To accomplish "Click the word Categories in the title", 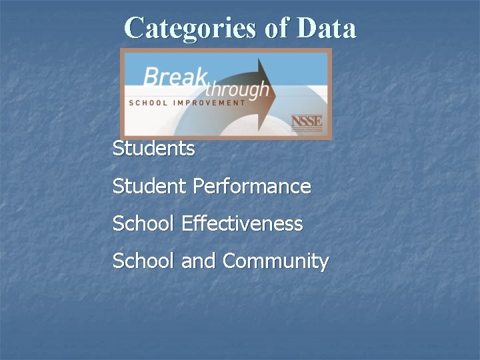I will pyautogui.click(x=184, y=28).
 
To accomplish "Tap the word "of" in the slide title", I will pyautogui.click(x=269, y=28).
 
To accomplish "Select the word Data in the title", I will pyautogui.click(x=326, y=28).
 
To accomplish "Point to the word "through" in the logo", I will pyautogui.click(x=237, y=89).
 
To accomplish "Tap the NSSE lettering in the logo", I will pyautogui.click(x=306, y=121).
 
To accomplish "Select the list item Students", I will pyautogui.click(x=154, y=149).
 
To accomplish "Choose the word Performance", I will pyautogui.click(x=252, y=186).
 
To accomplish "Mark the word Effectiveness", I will pyautogui.click(x=242, y=223).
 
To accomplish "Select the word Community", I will pyautogui.click(x=275, y=261).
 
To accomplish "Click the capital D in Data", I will pyautogui.click(x=305, y=28).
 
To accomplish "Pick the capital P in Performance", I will pyautogui.click(x=199, y=186).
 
